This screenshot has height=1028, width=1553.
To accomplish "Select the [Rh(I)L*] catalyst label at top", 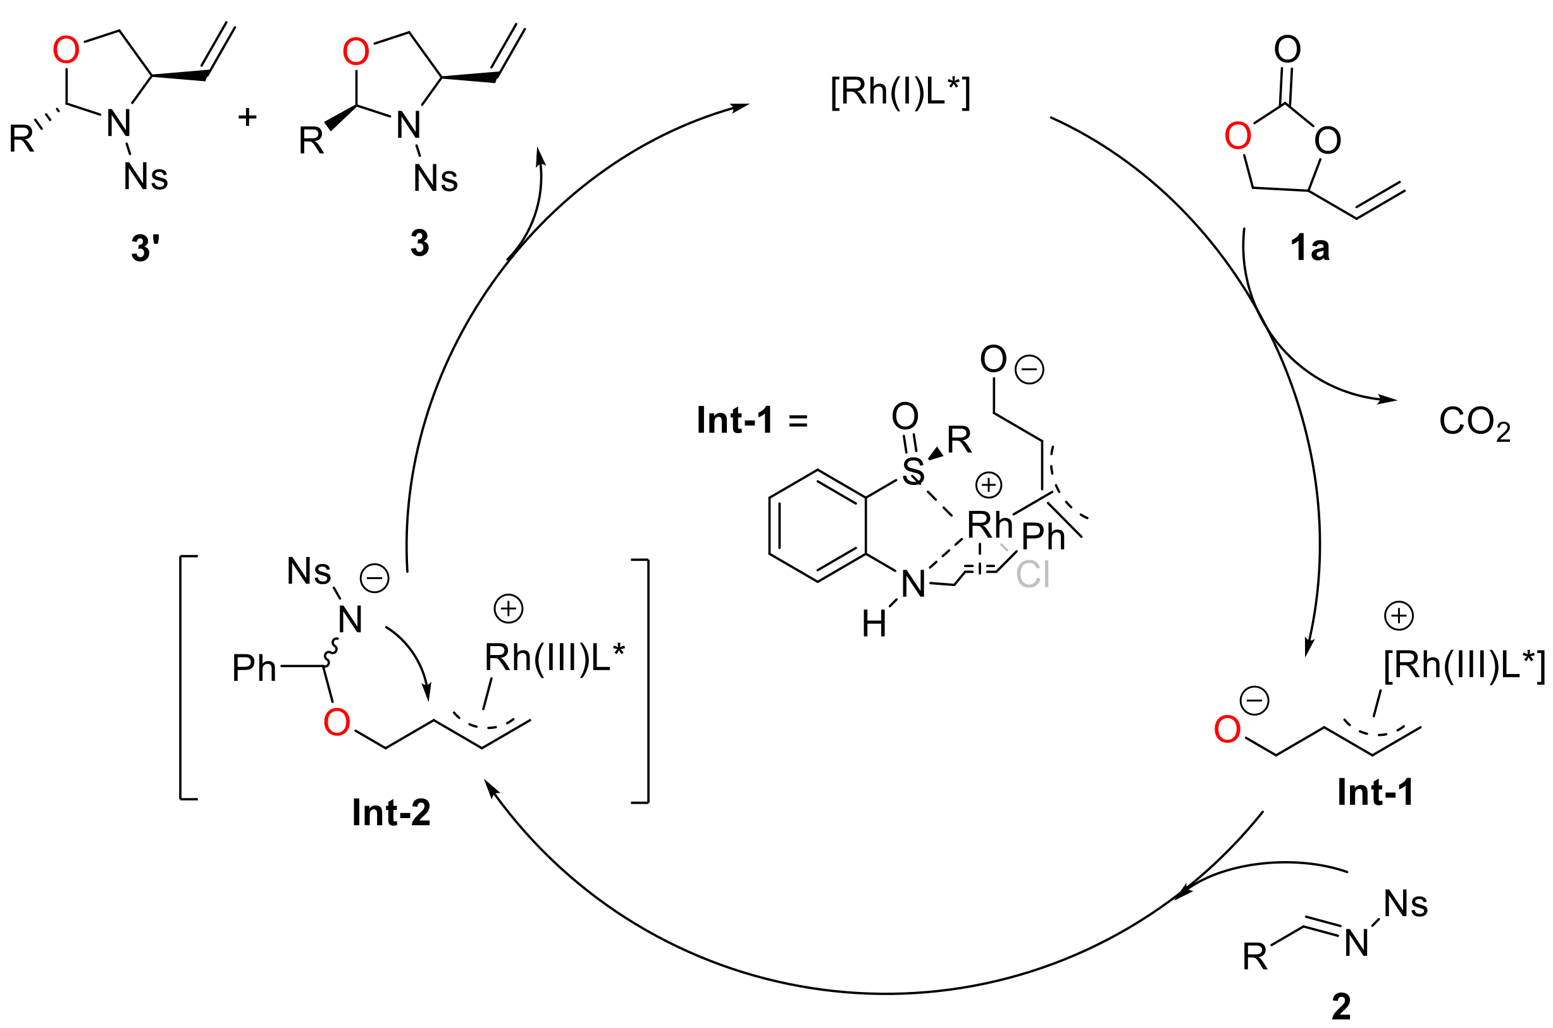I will (900, 92).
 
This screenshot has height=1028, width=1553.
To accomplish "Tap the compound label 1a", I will (1309, 248).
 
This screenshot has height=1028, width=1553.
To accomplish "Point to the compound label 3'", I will (145, 248).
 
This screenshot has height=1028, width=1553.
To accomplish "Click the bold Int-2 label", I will (391, 813).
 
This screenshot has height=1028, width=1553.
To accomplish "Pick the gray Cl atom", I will (1033, 574).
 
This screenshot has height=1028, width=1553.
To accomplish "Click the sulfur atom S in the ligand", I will (913, 471).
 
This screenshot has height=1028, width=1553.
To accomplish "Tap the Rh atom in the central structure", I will (989, 525).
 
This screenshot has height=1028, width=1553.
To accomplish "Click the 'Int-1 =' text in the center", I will (752, 420).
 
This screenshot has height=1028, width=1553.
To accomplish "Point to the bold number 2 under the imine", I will (1341, 1007).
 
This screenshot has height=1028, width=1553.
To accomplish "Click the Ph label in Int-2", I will (254, 669).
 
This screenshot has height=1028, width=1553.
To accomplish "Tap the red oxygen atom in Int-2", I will (337, 723).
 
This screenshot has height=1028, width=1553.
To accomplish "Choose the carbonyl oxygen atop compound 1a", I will (1287, 49).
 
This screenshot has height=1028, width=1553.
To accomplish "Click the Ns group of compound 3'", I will (145, 177).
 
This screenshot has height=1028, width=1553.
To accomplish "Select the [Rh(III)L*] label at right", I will (1464, 666).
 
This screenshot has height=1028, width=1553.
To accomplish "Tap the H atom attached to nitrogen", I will (874, 624).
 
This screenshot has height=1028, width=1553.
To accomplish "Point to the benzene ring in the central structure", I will (817, 526).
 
